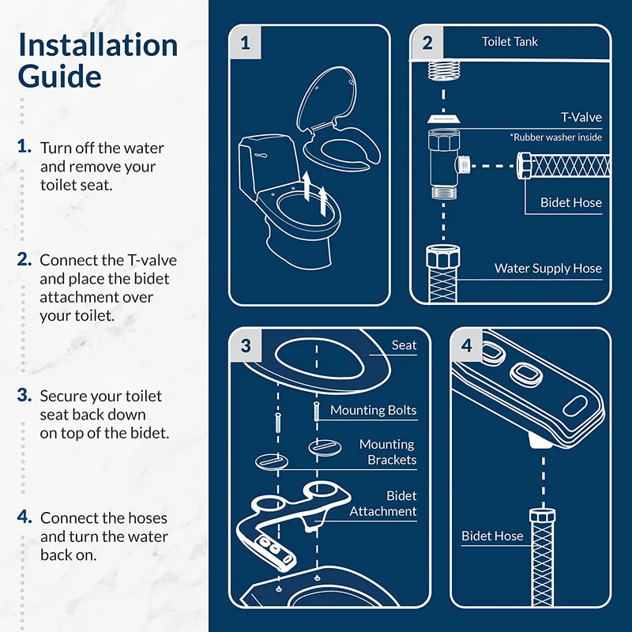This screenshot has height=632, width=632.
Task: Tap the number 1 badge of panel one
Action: point(245,43)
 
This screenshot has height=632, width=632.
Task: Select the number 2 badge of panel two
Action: point(427,43)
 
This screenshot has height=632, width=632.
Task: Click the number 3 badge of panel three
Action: point(246,346)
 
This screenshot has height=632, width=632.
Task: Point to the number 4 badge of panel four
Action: point(466,346)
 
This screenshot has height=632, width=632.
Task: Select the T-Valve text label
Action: point(581,117)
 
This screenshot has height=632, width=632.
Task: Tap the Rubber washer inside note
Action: point(555,137)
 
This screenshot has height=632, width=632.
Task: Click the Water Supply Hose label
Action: point(547,269)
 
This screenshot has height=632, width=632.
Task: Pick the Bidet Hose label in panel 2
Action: point(570,203)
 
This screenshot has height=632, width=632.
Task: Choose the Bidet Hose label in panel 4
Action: point(492,536)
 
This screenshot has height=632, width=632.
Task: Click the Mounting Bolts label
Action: point(373,411)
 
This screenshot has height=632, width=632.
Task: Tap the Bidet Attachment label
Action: point(384,504)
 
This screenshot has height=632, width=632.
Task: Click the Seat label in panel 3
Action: point(404,345)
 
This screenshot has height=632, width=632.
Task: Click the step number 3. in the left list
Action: point(24,395)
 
